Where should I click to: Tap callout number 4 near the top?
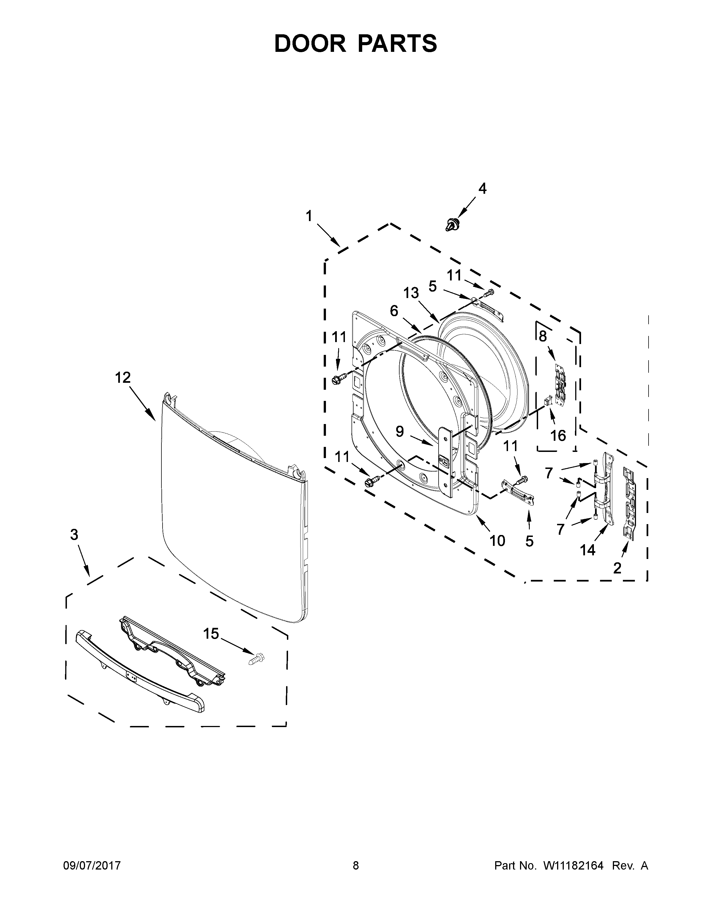[x=482, y=189]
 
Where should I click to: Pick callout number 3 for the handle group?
[x=74, y=535]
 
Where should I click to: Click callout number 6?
[x=394, y=311]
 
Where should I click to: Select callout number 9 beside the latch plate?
[x=400, y=431]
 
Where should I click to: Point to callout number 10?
[x=497, y=541]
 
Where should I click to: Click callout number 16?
[x=558, y=435]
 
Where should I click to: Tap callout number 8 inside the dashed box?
[x=543, y=336]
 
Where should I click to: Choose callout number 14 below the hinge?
[x=587, y=550]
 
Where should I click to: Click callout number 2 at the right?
[x=617, y=568]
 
